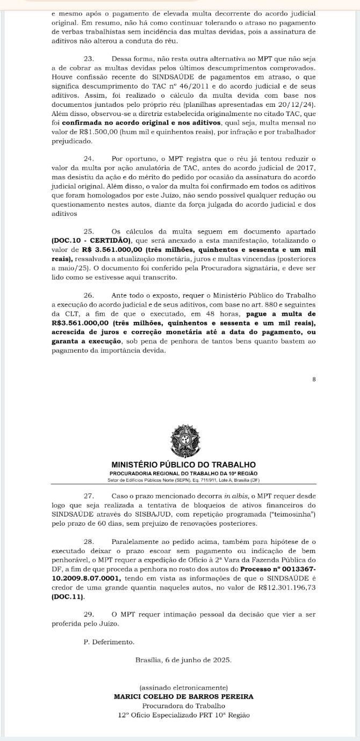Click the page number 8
click(314, 380)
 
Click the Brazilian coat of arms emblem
click(183, 440)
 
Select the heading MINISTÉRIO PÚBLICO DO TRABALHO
click(183, 464)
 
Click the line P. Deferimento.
click(110, 642)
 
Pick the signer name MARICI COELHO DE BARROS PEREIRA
click(183, 696)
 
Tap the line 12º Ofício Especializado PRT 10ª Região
click(183, 715)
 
